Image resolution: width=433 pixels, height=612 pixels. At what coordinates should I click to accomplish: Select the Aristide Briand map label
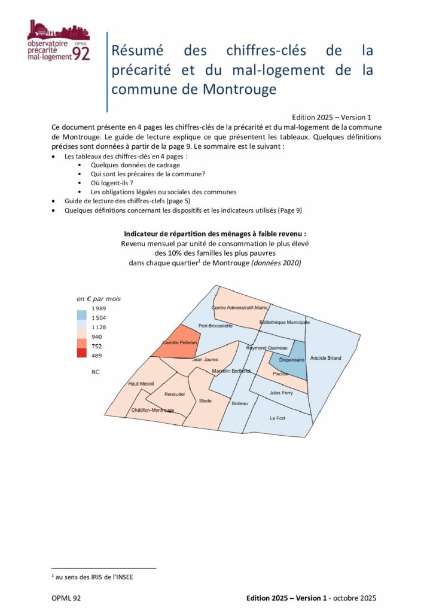[326, 358]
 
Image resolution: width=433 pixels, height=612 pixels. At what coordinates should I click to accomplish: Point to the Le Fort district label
[278, 418]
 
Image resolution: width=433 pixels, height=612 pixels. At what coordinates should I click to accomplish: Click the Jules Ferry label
[281, 393]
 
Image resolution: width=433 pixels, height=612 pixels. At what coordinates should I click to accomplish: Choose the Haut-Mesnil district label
[141, 384]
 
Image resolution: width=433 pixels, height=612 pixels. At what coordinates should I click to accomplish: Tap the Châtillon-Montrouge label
[153, 410]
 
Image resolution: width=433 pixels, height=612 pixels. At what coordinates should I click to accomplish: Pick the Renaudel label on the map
[175, 394]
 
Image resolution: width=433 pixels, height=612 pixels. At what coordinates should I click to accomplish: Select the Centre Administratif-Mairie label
[239, 308]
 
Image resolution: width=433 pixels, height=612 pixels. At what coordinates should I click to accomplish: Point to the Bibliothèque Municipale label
[285, 322]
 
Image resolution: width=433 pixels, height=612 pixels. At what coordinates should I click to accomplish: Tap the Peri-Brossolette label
[215, 326]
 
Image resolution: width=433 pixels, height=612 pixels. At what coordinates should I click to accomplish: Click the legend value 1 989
[99, 308]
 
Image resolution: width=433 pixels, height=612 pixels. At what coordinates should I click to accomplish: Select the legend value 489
[97, 356]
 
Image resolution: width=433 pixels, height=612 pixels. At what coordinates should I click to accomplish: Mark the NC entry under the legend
[96, 372]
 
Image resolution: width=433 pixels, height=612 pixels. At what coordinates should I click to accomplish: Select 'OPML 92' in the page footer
[66, 598]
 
